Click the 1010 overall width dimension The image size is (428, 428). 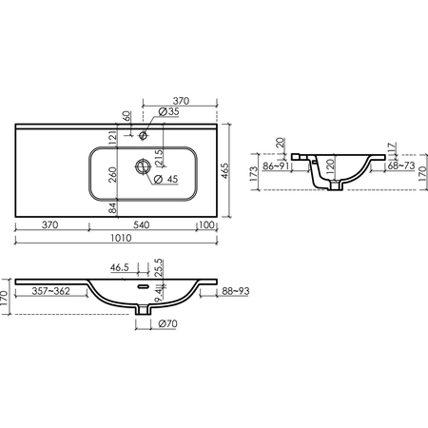click(x=121, y=238)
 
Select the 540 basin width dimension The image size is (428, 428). click(x=142, y=224)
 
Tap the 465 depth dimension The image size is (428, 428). click(x=224, y=171)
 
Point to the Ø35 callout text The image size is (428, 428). click(x=169, y=111)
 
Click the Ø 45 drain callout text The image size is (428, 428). click(x=165, y=179)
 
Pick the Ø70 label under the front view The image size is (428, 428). click(x=167, y=323)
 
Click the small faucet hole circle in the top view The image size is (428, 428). click(x=143, y=135)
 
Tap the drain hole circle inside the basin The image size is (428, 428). click(x=143, y=165)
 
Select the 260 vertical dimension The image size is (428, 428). click(x=113, y=174)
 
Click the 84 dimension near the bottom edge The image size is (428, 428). click(x=113, y=208)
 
